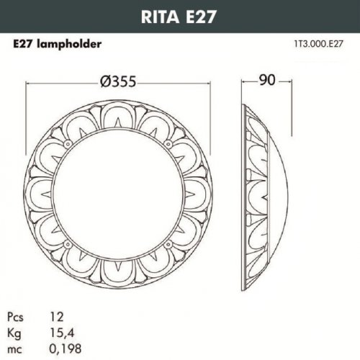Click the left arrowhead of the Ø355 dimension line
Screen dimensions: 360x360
pyautogui.click(x=29, y=82)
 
